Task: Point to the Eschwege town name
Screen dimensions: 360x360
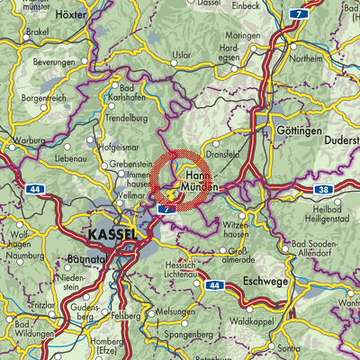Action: [x=266, y=281]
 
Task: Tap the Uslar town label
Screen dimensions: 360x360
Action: [x=184, y=57]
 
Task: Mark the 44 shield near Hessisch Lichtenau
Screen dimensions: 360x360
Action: [x=212, y=284]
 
